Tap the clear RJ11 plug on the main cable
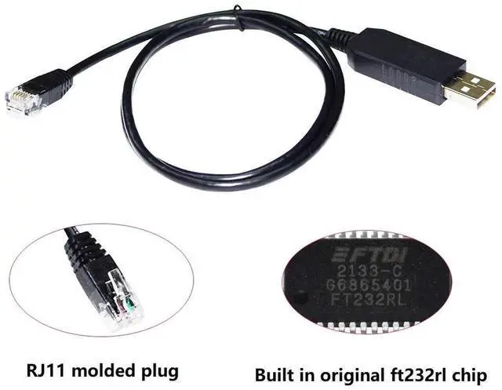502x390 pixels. [x=23, y=97]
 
